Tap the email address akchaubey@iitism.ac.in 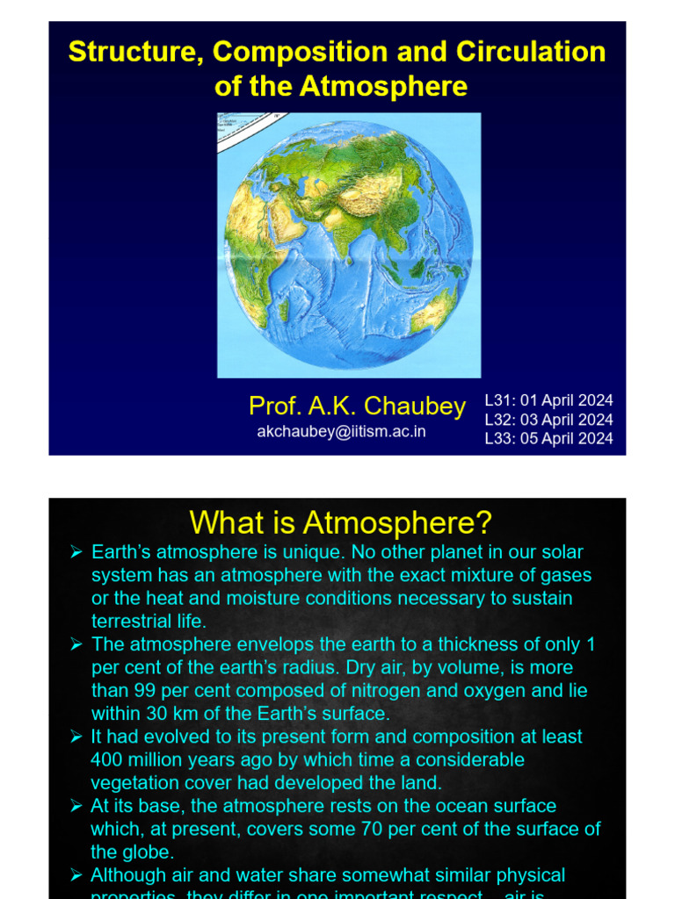pyautogui.click(x=341, y=432)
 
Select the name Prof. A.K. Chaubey pyautogui.click(x=357, y=406)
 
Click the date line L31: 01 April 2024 pyautogui.click(x=548, y=400)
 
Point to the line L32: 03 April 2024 pyautogui.click(x=548, y=420)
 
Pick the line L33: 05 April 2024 pyautogui.click(x=548, y=438)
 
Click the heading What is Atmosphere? pyautogui.click(x=340, y=523)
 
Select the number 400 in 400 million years pyautogui.click(x=107, y=759)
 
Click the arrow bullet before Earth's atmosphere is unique pyautogui.click(x=76, y=552)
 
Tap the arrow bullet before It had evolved pyautogui.click(x=76, y=737)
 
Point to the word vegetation pyautogui.click(x=132, y=782)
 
